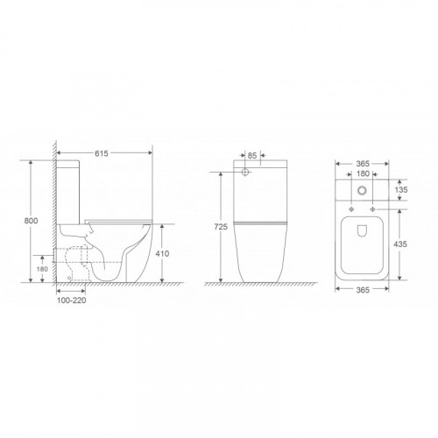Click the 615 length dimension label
click(102, 153)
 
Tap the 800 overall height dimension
click(31, 221)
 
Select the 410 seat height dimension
click(162, 254)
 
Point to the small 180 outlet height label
click(42, 269)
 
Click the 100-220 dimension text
click(71, 300)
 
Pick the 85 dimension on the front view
click(252, 156)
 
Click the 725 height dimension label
click(221, 227)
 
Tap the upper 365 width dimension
click(363, 164)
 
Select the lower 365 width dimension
click(363, 290)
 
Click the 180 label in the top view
click(363, 174)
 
